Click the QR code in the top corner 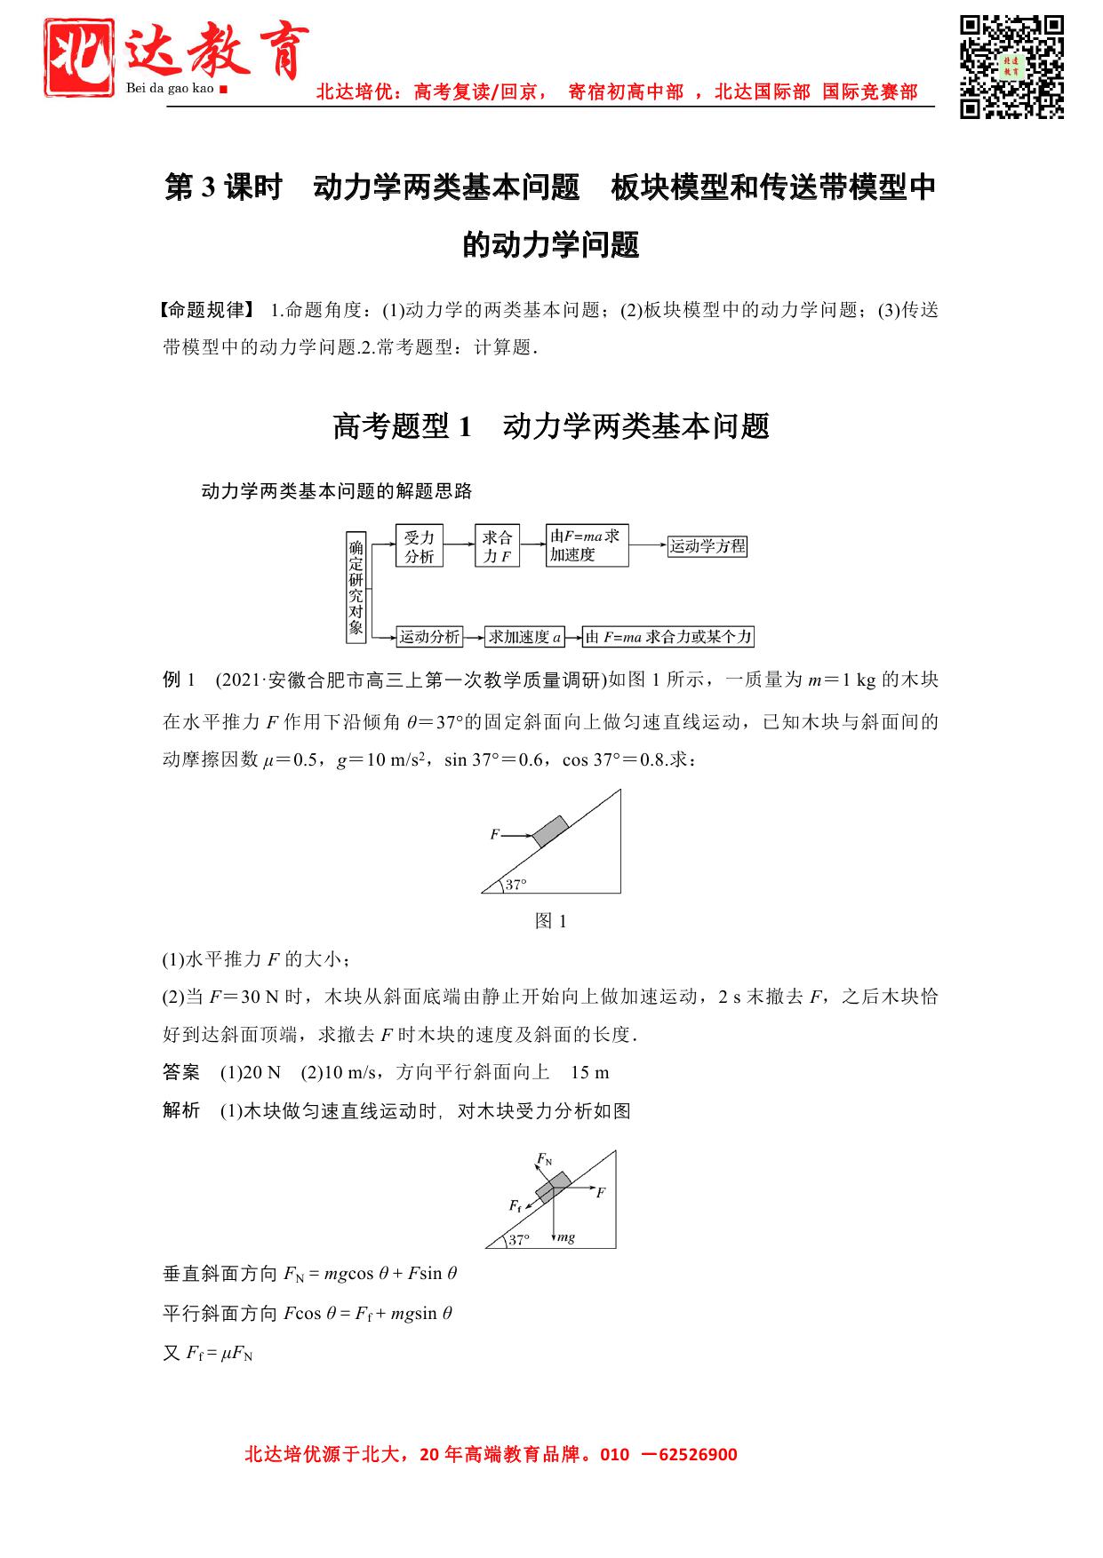point(1011,67)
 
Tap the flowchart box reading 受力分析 point(419,546)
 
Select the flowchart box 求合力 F point(497,546)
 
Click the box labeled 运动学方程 point(707,546)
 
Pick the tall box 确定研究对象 point(356,587)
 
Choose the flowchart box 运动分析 point(429,636)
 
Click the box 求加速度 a point(524,636)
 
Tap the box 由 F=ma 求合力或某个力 point(668,636)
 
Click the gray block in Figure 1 point(551,830)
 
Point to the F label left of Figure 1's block point(494,835)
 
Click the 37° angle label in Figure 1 point(516,884)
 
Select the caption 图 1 point(551,921)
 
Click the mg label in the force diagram point(565,1236)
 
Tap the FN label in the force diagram point(544,1160)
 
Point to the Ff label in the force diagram point(516,1205)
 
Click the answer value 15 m point(590,1072)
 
